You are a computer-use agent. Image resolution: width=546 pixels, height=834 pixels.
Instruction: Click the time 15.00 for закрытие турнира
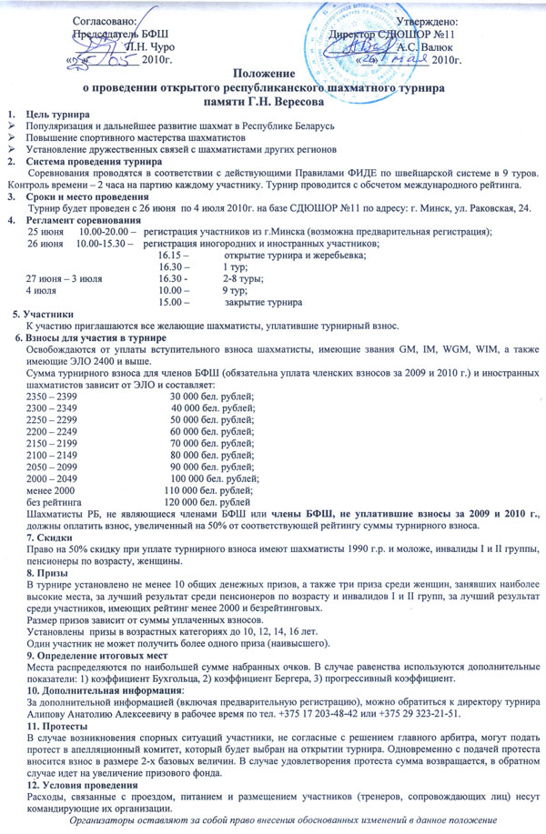pos(170,301)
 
